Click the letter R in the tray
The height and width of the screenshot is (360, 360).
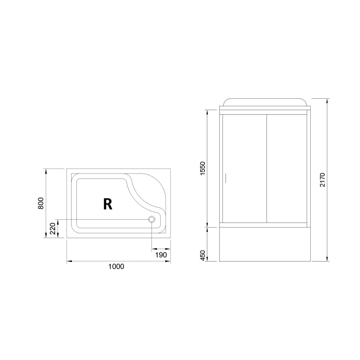pos(107,204)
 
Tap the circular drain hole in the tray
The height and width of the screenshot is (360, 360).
pos(152,219)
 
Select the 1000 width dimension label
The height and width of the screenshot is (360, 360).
pos(116,267)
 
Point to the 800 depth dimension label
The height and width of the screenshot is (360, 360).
pos(41,203)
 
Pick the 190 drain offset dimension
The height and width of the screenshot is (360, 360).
pos(161,255)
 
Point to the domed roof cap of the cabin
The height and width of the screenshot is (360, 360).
pos(265,101)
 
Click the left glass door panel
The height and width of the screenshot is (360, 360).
pos(244,169)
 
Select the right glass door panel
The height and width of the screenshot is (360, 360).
pos(286,169)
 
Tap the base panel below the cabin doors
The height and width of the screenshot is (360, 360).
pos(265,244)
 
